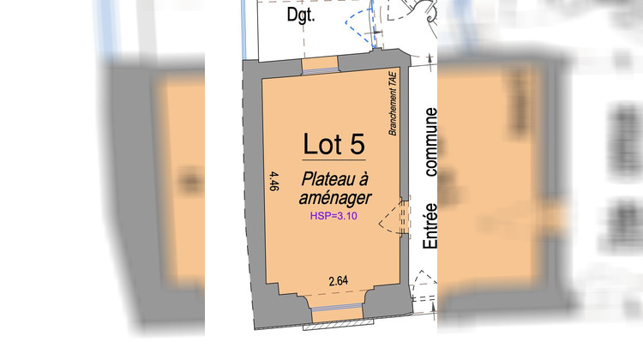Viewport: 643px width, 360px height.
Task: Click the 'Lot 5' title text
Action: tap(334, 143)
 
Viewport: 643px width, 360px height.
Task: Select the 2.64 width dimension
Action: tap(339, 281)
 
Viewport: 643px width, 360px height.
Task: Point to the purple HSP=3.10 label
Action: tap(334, 216)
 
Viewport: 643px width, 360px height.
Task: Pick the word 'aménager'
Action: tap(335, 198)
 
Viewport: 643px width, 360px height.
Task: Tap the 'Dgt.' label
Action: tap(301, 15)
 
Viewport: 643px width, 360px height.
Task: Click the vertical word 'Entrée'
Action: tap(430, 225)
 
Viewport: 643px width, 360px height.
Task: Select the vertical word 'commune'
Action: tap(430, 142)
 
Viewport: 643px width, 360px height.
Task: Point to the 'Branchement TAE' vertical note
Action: tap(393, 104)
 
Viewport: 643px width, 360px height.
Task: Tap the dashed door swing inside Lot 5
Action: tap(388, 219)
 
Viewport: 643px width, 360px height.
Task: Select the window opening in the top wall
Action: tap(320, 66)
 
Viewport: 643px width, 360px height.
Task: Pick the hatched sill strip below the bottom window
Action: tap(339, 326)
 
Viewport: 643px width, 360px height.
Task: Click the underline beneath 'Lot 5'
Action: tap(334, 159)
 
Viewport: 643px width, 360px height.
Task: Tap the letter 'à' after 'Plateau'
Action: tap(364, 179)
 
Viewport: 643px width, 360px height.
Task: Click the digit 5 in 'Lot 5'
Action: tap(357, 144)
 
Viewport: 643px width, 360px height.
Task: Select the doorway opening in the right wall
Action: tap(405, 218)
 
